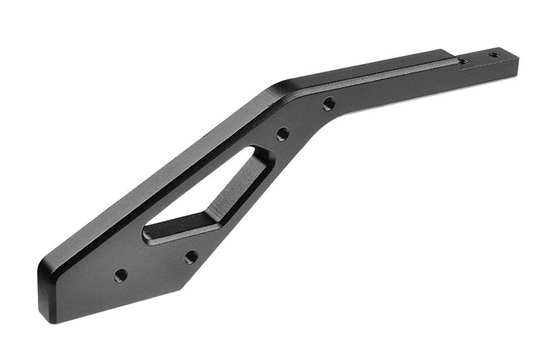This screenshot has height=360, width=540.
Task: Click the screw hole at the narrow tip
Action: (494, 55)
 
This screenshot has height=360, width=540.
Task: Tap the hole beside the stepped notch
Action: (463, 61)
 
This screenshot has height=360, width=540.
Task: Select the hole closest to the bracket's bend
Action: (329, 104)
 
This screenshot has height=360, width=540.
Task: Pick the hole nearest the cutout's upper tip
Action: (283, 134)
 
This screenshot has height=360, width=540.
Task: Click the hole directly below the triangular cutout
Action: (191, 257)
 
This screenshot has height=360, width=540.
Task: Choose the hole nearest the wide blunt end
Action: (121, 275)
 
